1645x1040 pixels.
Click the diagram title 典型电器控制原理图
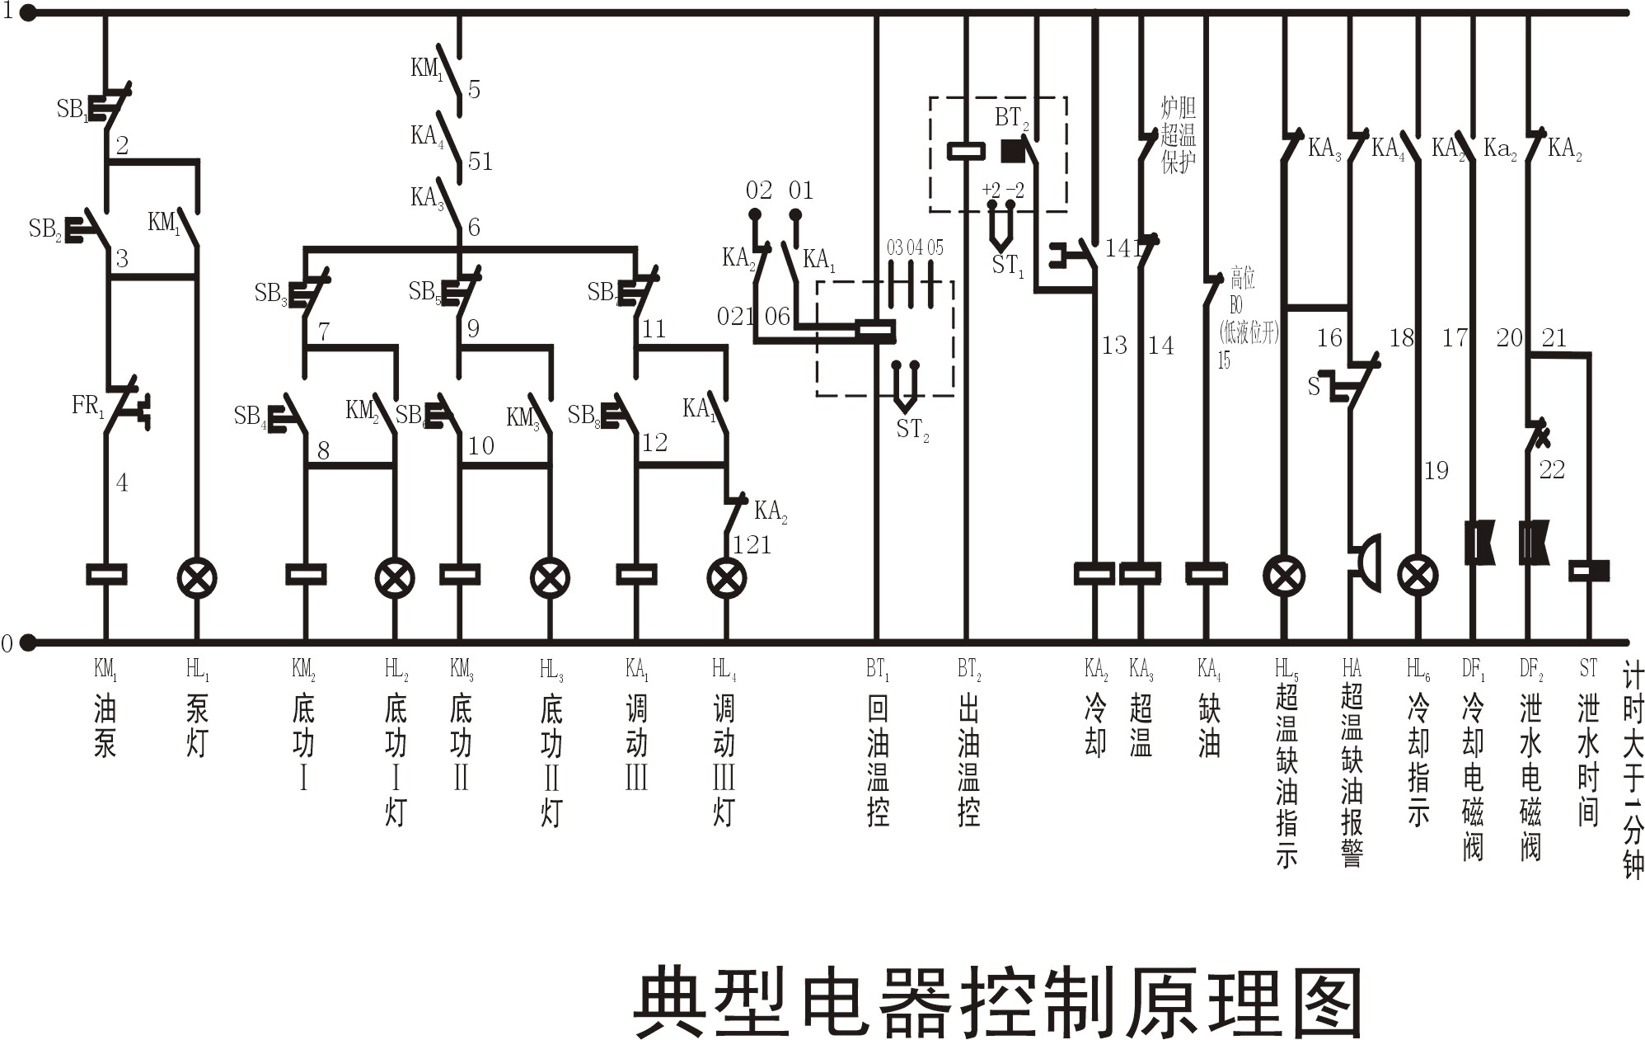pyautogui.click(x=997, y=1001)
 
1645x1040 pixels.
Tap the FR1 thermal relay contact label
pyautogui.click(x=87, y=406)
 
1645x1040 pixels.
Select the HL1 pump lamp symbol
pyautogui.click(x=197, y=577)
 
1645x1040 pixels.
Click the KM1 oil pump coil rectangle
pyautogui.click(x=106, y=574)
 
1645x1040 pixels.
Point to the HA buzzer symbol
pyautogui.click(x=1365, y=562)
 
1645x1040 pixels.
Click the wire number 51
pyautogui.click(x=480, y=161)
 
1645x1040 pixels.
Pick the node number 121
pyautogui.click(x=752, y=544)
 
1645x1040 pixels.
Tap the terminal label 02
pyautogui.click(x=758, y=191)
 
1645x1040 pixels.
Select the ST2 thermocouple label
pyautogui.click(x=912, y=430)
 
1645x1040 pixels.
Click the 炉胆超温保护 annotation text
pyautogui.click(x=1178, y=134)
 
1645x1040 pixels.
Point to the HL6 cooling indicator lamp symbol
pyautogui.click(x=1418, y=576)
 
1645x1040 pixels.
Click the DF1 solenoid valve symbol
pyautogui.click(x=1479, y=542)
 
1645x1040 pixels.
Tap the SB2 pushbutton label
pyautogui.click(x=45, y=228)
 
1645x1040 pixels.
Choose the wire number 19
pyautogui.click(x=1436, y=470)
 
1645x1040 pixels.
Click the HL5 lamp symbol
pyautogui.click(x=1284, y=576)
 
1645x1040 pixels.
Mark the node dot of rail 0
pyautogui.click(x=28, y=642)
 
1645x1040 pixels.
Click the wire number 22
pyautogui.click(x=1551, y=469)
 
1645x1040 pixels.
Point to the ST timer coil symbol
pyautogui.click(x=1589, y=570)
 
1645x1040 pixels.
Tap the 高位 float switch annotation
pyautogui.click(x=1243, y=278)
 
